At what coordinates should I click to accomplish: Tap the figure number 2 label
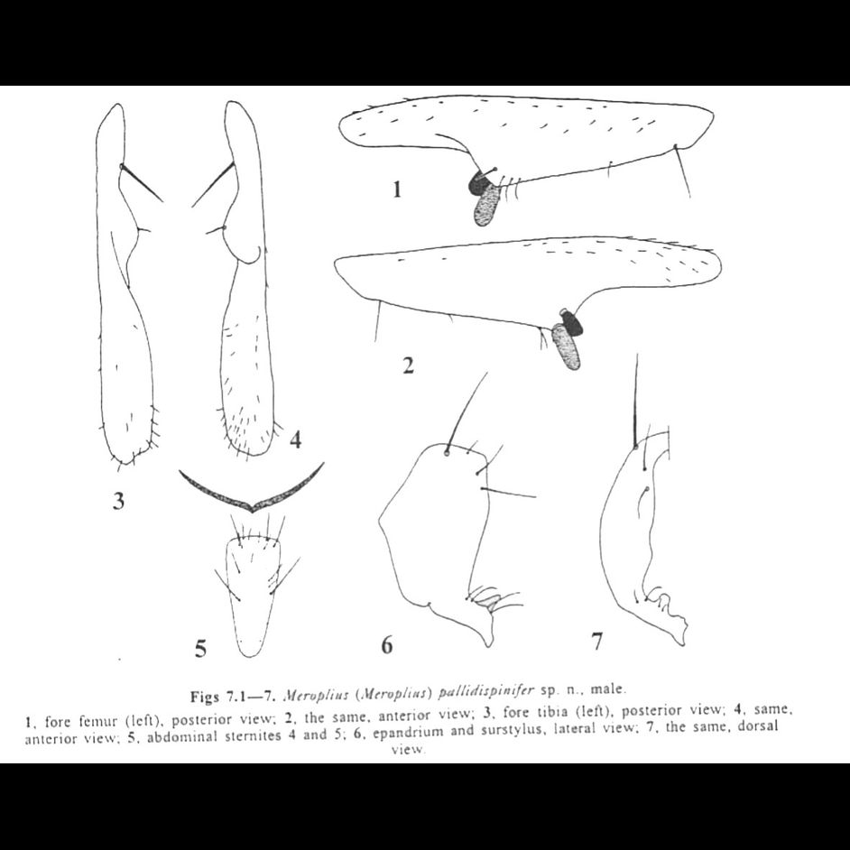click(408, 365)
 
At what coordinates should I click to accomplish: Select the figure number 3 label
click(118, 501)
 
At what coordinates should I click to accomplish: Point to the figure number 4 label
click(295, 441)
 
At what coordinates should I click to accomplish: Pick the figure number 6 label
click(386, 644)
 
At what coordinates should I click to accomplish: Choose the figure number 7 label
click(596, 642)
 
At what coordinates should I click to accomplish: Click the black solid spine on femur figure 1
click(476, 184)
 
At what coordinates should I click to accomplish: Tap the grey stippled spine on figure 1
click(488, 207)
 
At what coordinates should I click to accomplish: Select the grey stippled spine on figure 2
click(567, 346)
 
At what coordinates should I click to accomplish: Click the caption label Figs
click(207, 695)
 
